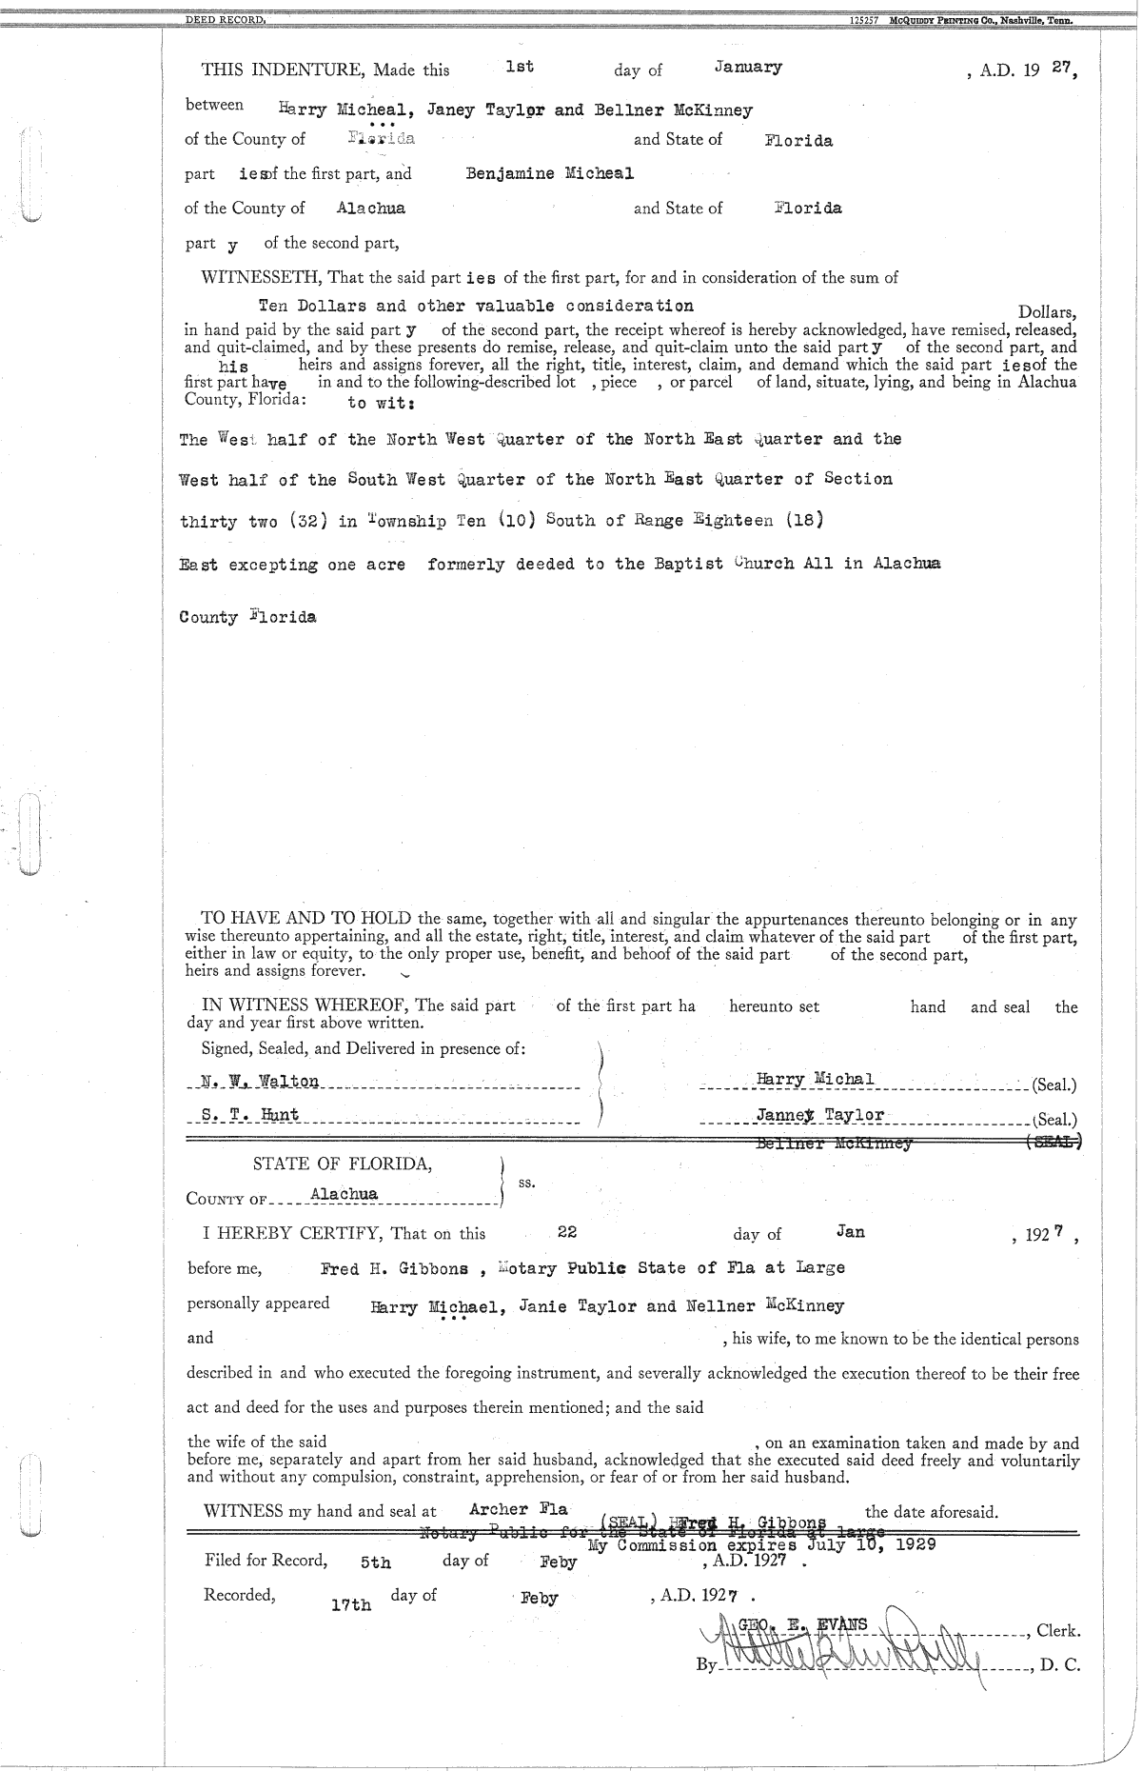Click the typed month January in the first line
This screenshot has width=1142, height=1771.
(x=748, y=67)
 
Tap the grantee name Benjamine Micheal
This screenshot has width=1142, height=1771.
(x=549, y=173)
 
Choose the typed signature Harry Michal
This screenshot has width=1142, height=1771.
(x=814, y=1080)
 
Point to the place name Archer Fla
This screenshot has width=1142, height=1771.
(x=519, y=1509)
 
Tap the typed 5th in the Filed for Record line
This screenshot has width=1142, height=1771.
(x=376, y=1562)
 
